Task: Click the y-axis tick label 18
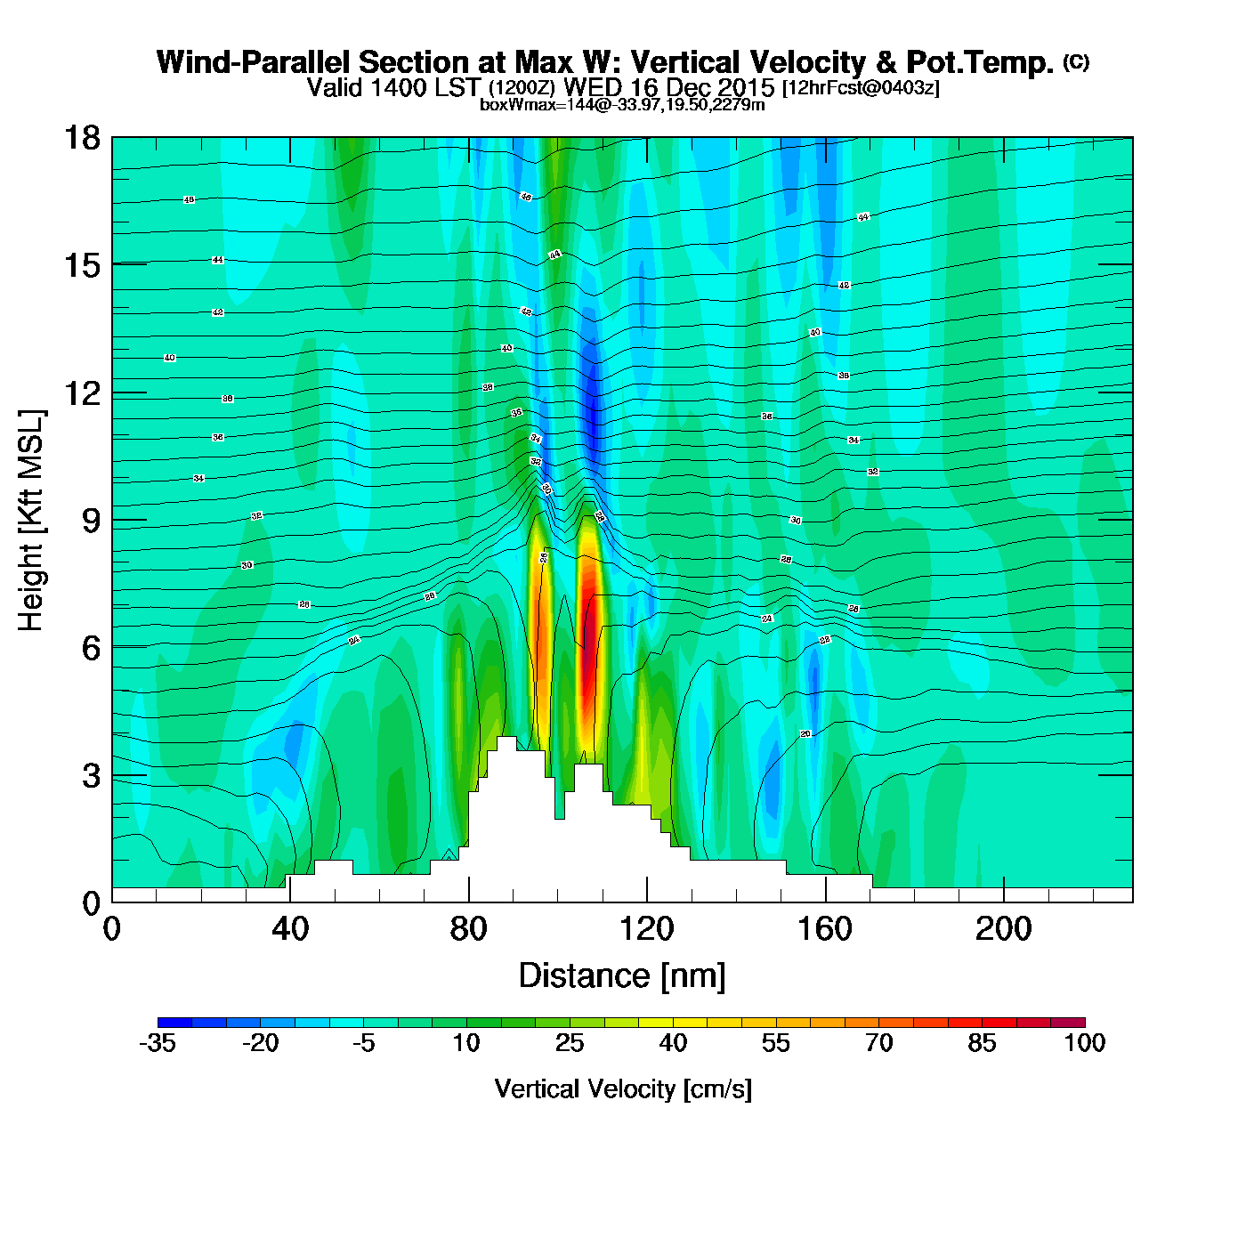click(x=81, y=138)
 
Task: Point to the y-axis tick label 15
click(x=81, y=265)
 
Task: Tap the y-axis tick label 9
click(x=91, y=521)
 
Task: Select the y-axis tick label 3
click(x=91, y=776)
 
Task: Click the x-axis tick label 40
click(x=290, y=929)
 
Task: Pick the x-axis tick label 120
click(x=647, y=929)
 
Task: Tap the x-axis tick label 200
click(x=1004, y=929)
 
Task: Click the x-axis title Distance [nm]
click(x=622, y=975)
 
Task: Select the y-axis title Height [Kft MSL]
click(x=31, y=521)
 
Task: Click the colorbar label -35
click(x=158, y=1043)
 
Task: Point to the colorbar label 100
click(x=1085, y=1043)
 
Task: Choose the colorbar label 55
click(x=775, y=1043)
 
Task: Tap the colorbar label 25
click(x=570, y=1043)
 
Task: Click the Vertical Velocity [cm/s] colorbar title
click(x=623, y=1088)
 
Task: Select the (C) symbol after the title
click(x=1076, y=61)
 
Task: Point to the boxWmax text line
click(x=622, y=104)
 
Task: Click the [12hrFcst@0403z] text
click(x=861, y=88)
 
